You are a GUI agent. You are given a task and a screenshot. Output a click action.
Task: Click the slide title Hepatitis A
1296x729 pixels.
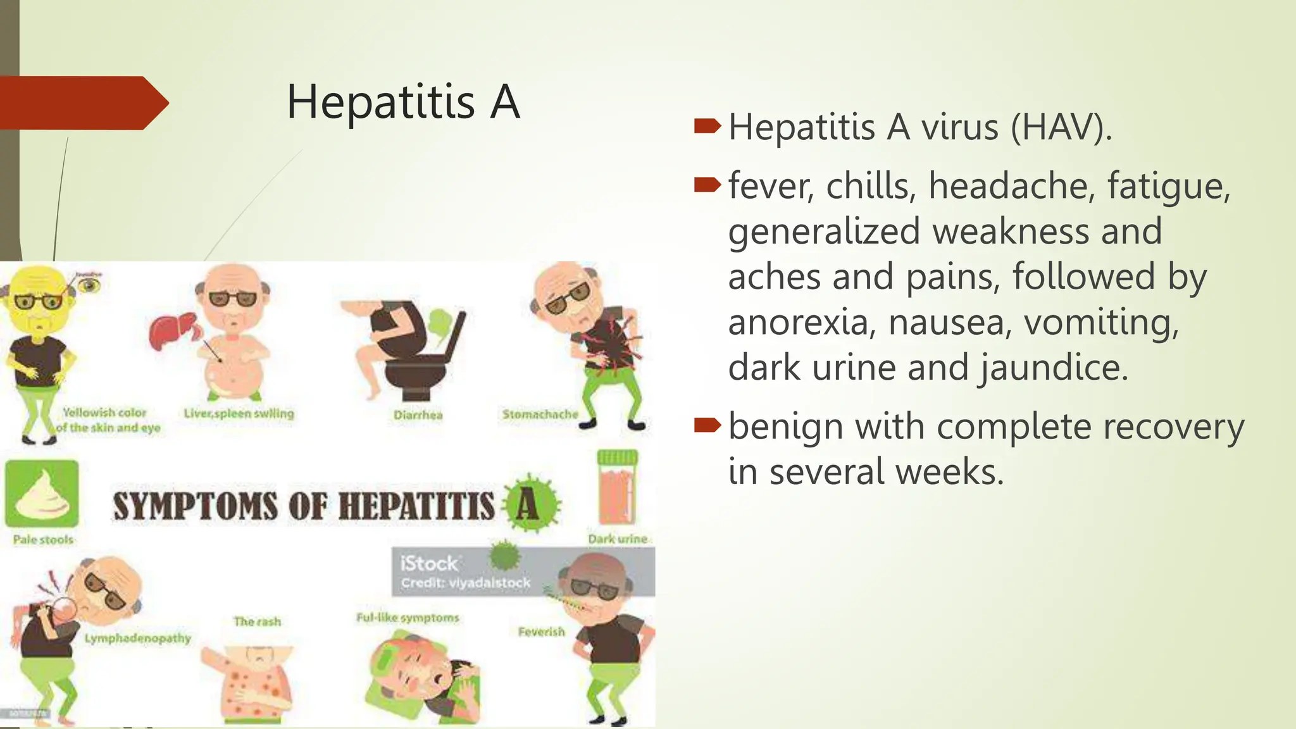point(403,102)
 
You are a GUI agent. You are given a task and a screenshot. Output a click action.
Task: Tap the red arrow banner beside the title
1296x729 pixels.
point(82,103)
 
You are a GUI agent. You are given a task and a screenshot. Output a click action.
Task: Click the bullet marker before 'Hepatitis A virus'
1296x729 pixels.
point(707,127)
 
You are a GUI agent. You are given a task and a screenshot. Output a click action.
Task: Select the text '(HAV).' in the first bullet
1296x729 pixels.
point(1061,127)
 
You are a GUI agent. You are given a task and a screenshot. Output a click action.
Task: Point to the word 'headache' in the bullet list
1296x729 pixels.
point(1011,186)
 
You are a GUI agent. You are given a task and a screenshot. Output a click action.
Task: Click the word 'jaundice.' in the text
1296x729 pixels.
point(1054,368)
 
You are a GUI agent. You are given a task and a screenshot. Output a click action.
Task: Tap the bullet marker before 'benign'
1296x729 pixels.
point(707,426)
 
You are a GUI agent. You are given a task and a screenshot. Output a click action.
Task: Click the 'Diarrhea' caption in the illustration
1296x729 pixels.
point(418,415)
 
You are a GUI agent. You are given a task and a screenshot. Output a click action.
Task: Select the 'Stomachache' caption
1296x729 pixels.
point(540,414)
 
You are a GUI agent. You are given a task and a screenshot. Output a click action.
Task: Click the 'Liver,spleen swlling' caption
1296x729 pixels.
point(239,414)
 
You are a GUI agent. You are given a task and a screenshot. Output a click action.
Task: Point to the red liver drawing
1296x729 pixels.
point(172,330)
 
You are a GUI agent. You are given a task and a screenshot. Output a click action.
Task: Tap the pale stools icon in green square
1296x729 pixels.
point(42,494)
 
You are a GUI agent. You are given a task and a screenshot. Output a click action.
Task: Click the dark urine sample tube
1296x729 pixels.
point(617,487)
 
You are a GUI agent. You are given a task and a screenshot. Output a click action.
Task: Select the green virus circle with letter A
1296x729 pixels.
point(530,505)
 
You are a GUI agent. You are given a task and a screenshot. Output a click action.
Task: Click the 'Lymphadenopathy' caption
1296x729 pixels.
point(137,638)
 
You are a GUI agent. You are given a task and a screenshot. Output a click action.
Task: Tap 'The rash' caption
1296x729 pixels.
point(257,621)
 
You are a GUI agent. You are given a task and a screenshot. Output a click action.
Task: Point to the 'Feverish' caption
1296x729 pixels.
point(541,632)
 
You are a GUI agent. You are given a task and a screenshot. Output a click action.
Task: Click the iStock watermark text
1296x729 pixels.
point(428,563)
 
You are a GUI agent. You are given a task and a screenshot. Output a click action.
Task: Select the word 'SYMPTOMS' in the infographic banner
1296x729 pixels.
point(195,507)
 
